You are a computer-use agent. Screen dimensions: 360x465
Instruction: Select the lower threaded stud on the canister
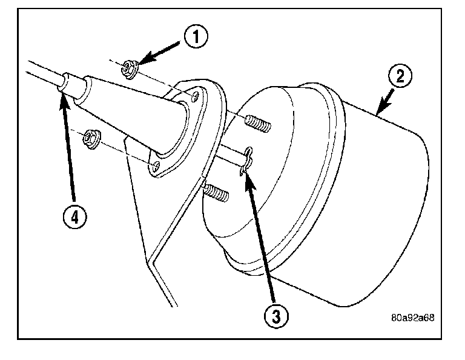[x=216, y=193]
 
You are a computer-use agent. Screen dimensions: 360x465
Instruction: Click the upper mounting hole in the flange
[x=193, y=96]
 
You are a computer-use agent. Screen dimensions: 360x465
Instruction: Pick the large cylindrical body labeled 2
[x=339, y=200]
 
